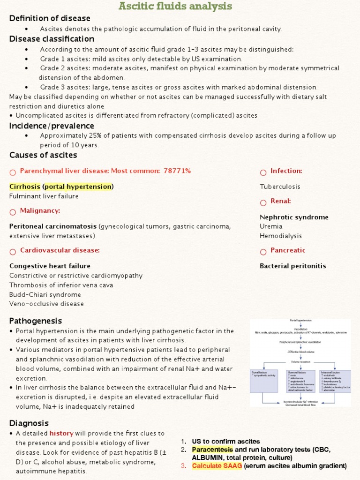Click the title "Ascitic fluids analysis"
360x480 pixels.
coord(175,6)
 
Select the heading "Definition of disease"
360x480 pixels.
coord(50,18)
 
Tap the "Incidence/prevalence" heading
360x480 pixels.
coord(52,126)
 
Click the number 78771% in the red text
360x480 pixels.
coord(177,171)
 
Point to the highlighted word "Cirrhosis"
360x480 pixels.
coord(25,187)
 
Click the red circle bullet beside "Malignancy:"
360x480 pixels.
coord(13,212)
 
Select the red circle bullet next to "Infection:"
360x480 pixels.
coord(263,172)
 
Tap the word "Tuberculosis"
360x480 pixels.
coord(280,187)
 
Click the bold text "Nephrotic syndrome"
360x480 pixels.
coord(294,217)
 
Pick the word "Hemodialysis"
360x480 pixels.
coord(281,236)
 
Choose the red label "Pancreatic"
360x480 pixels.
coord(287,250)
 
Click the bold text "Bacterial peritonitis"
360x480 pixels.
coord(292,266)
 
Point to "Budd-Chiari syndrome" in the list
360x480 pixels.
coord(45,294)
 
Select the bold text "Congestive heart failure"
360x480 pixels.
coord(50,266)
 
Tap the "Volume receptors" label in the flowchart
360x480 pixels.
coord(300,361)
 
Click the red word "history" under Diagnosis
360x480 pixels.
coord(61,433)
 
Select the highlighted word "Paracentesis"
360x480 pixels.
coord(212,450)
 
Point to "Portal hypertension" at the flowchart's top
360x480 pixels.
coord(300,320)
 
